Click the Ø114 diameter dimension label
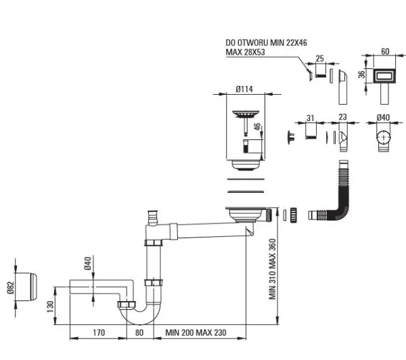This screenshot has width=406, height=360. pos(244,89)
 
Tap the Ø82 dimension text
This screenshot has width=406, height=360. pos(10,288)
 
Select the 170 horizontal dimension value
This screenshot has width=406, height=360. pos(99,332)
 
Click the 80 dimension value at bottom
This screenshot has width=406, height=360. pos(139,332)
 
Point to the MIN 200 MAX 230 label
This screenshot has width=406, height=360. pos(196,332)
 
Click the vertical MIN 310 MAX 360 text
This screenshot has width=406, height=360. pos(273,269)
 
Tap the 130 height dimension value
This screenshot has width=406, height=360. pos(51,306)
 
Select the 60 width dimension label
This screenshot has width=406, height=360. pos(385,51)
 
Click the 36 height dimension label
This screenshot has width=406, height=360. pos(361,74)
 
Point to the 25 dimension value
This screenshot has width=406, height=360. pos(320,58)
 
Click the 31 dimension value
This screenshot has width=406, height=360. pos(310,118)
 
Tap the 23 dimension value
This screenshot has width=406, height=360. pos(342,117)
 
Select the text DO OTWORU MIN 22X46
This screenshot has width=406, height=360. pos(266,43)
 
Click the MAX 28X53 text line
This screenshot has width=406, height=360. pos(245,52)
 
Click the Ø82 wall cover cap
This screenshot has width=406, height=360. pos(26,287)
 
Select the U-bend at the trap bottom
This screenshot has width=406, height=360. pos(140,315)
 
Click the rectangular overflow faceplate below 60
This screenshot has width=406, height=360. pos(384,76)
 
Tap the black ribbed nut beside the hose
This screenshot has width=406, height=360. pos(293,215)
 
